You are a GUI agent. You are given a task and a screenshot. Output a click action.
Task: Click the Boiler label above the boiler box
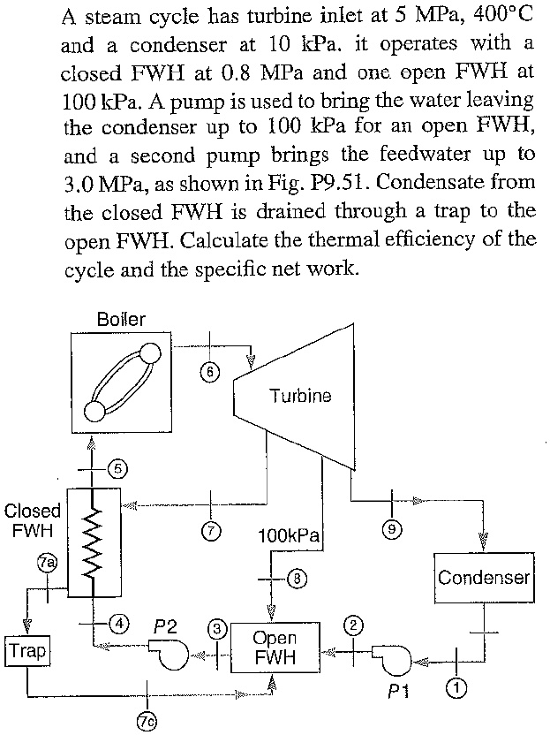pos(121,319)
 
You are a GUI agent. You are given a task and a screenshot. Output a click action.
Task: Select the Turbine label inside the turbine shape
pos(301,396)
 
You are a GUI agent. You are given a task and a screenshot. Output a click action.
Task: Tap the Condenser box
pos(483,578)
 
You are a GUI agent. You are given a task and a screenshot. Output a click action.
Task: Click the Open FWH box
pos(274,648)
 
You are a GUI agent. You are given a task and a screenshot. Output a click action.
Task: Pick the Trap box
pos(26,653)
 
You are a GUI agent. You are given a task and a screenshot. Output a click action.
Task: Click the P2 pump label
pos(165,625)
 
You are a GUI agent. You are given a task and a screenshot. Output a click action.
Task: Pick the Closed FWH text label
pos(33,520)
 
